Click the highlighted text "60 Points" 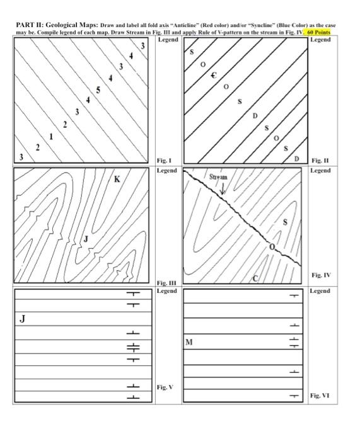pos(320,31)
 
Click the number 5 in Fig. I pos(97,89)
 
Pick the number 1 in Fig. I pos(51,136)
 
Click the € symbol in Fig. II pos(214,75)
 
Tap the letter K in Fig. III pos(117,180)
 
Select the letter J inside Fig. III pos(86,238)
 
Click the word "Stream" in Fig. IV pos(218,177)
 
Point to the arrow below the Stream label pos(222,187)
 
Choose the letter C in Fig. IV pos(255,278)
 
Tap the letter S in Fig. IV pos(285,222)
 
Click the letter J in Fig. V pos(23,318)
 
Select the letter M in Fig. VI pos(189,342)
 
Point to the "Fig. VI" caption pos(320,396)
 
